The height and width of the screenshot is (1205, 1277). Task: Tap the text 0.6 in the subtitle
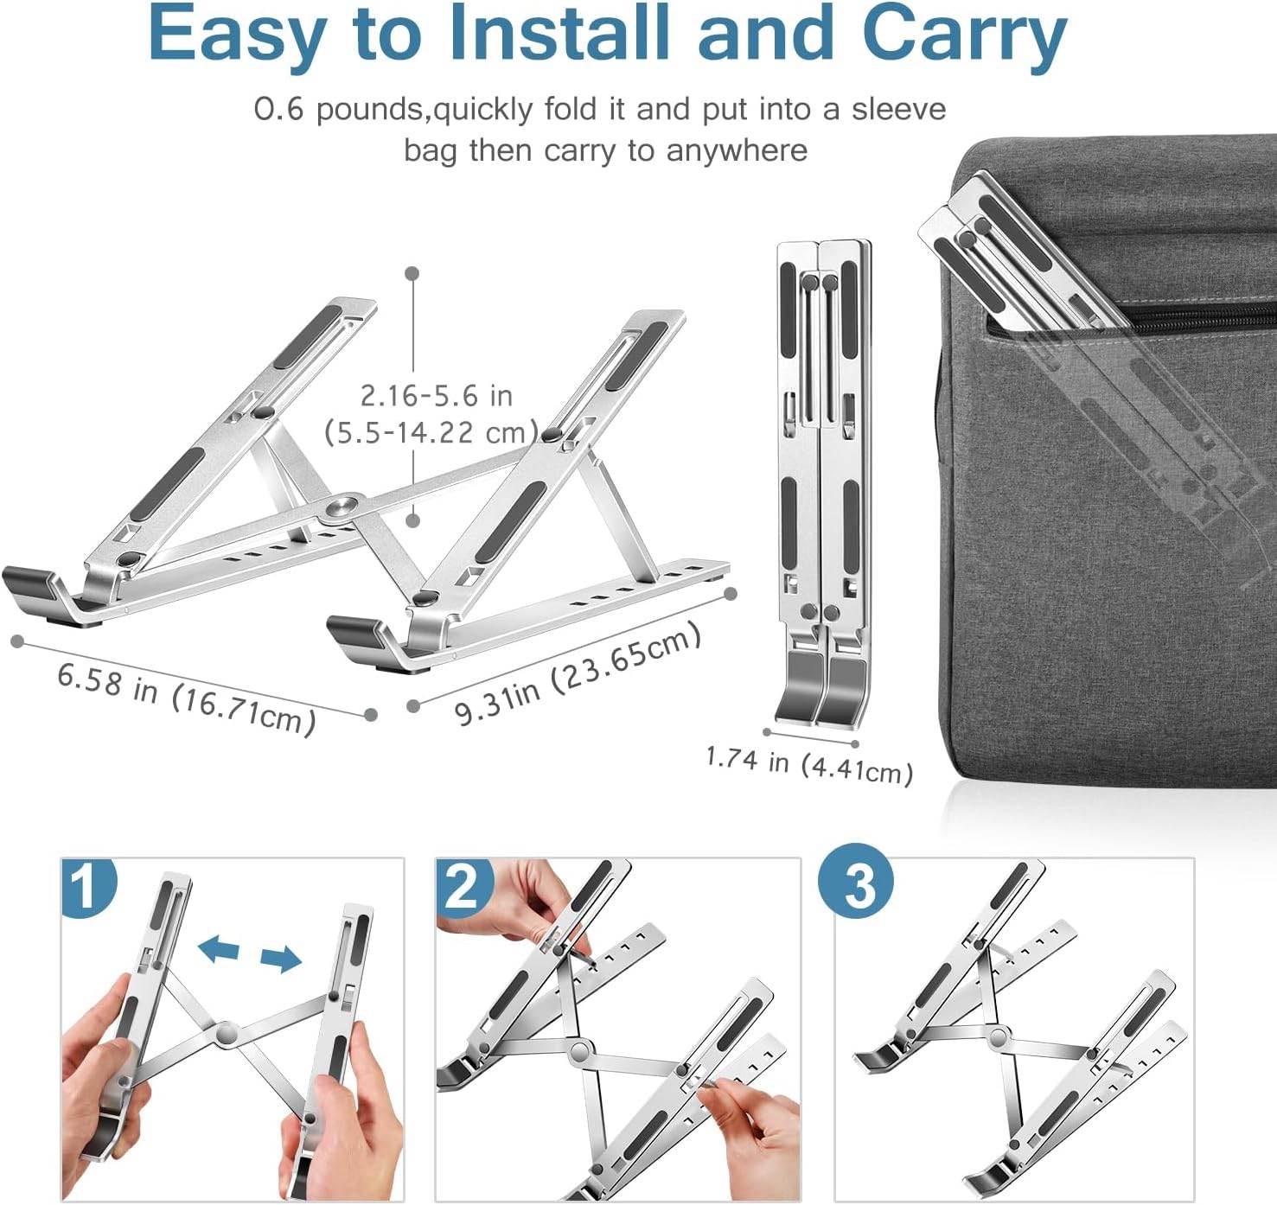coord(278,110)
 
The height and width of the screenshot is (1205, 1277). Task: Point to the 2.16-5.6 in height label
coord(437,396)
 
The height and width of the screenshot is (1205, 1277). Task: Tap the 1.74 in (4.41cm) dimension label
coord(809,764)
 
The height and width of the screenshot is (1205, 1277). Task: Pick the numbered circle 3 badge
coord(856,884)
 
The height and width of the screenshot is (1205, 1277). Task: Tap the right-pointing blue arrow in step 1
coord(280,957)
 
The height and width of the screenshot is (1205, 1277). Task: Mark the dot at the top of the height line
coord(412,273)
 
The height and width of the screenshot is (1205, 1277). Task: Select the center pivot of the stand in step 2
coord(579,1049)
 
